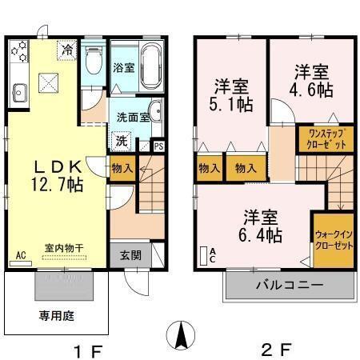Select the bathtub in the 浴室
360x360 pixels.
click(151, 61)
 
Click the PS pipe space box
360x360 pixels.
click(158, 146)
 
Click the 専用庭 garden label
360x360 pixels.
click(57, 315)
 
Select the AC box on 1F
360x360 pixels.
click(21, 257)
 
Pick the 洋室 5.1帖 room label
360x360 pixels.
click(231, 93)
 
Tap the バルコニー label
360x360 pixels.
click(289, 286)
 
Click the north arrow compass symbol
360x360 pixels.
click(183, 334)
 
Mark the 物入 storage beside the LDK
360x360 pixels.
click(122, 169)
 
